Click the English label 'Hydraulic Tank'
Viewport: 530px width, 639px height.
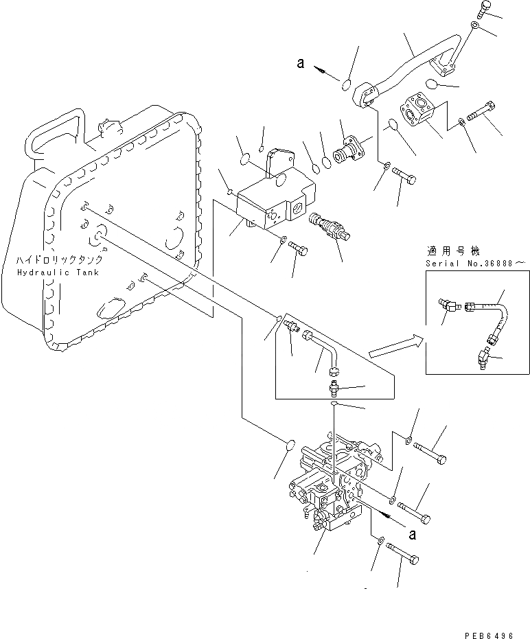tap(59, 272)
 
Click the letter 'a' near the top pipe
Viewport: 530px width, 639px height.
tap(300, 63)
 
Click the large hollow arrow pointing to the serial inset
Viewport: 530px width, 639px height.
tap(394, 347)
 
